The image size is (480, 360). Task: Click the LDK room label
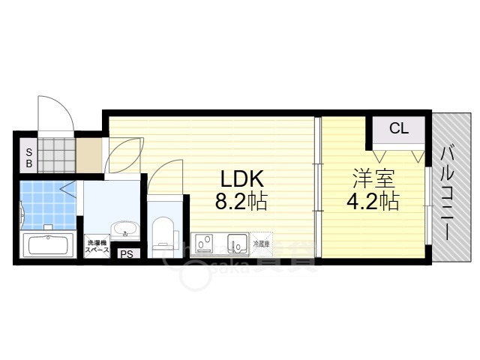pyautogui.click(x=241, y=179)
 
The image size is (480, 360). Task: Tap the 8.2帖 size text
pyautogui.click(x=241, y=202)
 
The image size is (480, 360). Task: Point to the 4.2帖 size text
pyautogui.click(x=373, y=201)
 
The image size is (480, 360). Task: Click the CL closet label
pyautogui.click(x=398, y=128)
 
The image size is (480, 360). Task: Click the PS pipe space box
pyautogui.click(x=127, y=253)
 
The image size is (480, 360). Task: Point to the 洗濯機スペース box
pyautogui.click(x=97, y=246)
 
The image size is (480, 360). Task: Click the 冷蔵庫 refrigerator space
pyautogui.click(x=259, y=244)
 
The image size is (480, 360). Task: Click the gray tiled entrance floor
pyautogui.click(x=56, y=154)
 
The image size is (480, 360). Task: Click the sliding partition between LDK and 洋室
pyautogui.click(x=318, y=187)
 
